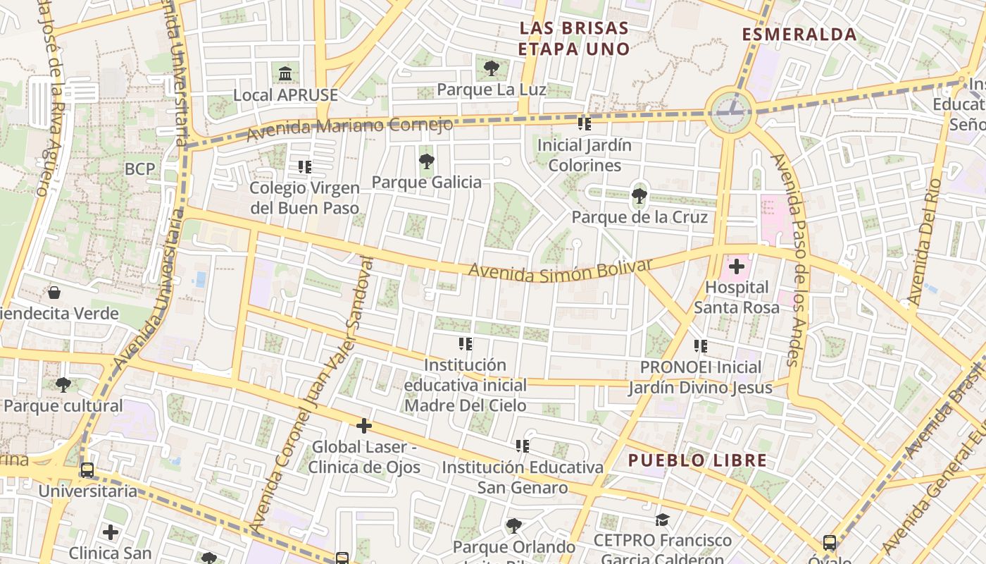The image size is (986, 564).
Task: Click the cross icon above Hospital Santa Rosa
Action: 737,266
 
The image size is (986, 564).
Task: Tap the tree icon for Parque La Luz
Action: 492,68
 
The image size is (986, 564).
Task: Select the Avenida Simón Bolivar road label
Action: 561,270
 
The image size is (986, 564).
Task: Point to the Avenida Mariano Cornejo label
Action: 349,128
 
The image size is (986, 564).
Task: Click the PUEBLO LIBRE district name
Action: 697,461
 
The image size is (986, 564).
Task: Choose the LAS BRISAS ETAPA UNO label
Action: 573,39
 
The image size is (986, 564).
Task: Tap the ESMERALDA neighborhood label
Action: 799,35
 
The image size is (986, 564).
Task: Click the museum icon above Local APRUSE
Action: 285,73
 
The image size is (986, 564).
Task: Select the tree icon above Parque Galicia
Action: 427,161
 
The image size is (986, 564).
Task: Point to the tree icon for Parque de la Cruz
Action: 639,195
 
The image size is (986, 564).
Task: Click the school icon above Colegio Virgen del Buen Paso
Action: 305,167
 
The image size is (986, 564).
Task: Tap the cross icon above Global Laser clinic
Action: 364,426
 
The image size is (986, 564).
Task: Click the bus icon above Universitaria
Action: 87,470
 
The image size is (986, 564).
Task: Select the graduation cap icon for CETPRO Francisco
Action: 662,520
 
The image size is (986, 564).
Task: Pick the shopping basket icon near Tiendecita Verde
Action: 54,293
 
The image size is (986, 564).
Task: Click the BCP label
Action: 139,169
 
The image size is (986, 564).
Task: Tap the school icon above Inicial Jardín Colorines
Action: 585,124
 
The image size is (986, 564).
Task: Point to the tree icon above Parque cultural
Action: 63,385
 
